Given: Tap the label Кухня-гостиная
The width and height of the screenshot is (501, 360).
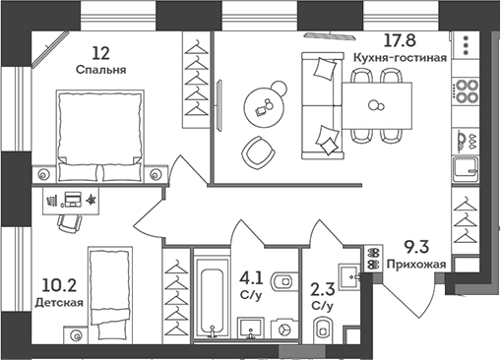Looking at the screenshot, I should point(400,58).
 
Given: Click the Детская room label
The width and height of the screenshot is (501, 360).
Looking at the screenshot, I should point(58,304).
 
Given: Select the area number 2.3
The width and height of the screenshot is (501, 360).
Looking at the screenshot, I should point(322,290).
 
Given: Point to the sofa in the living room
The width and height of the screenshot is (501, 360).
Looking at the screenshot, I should point(320,105).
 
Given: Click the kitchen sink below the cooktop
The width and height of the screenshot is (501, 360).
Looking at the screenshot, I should point(465,167).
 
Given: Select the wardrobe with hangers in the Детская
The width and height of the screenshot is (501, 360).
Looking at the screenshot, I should point(176,294).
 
